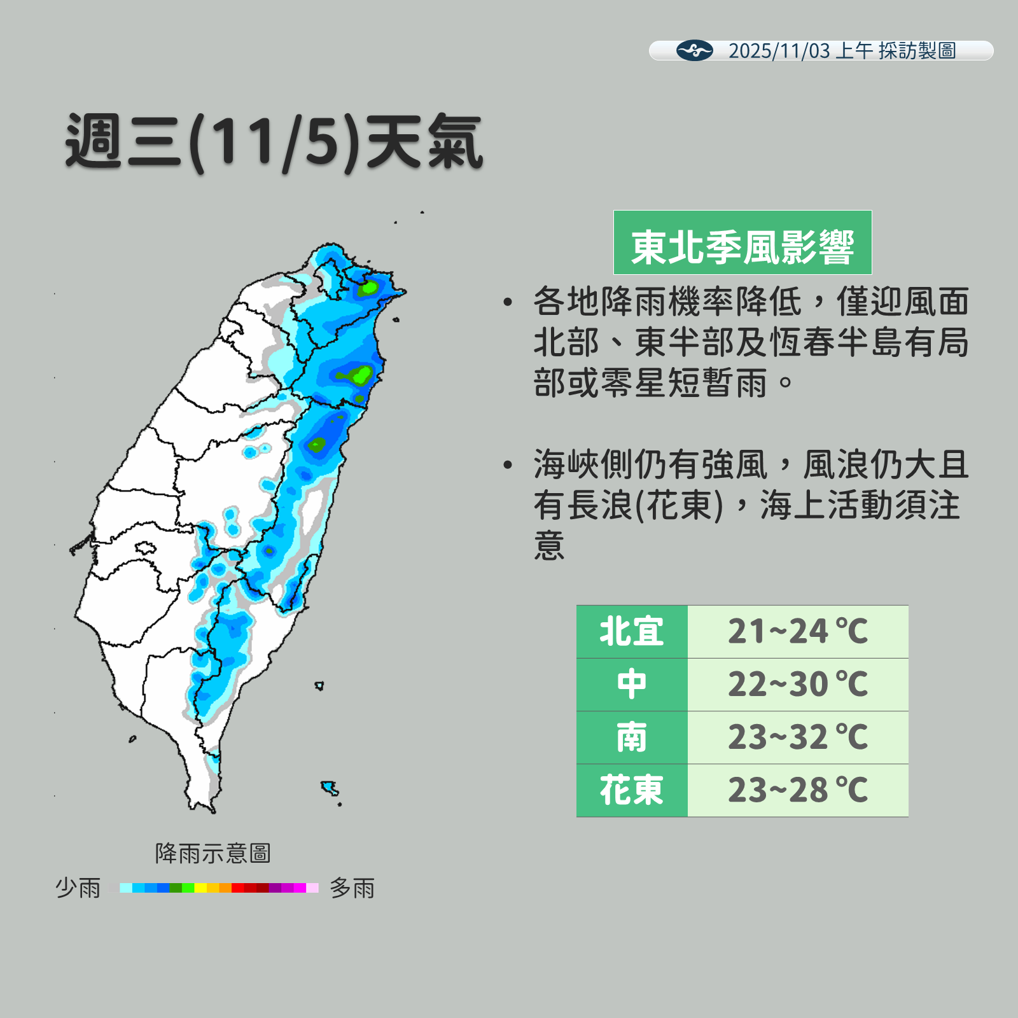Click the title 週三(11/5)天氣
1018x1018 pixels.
pos(274,142)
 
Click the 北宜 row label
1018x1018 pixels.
pos(631,632)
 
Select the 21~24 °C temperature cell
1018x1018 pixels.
pos(797,632)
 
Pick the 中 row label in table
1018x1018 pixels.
pos(631,685)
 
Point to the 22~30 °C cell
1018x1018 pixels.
pos(797,685)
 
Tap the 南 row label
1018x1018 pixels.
pos(631,737)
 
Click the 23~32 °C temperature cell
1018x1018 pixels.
pos(797,737)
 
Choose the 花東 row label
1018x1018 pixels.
pos(631,790)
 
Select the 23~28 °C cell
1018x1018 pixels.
pos(797,790)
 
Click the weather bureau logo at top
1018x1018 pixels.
pos(694,50)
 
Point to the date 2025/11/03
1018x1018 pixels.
pos(779,51)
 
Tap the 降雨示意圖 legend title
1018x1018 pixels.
pos(213,853)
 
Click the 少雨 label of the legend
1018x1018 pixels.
pos(78,888)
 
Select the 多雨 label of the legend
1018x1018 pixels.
pos(352,888)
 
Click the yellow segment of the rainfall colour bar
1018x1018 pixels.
pos(200,888)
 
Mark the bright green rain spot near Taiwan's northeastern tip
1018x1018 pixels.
pos(368,289)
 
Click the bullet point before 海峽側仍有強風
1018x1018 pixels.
pos(507,465)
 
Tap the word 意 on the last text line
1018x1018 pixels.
pos(549,546)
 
